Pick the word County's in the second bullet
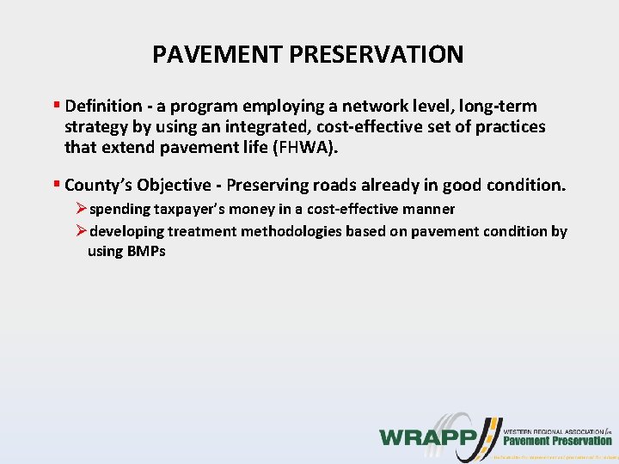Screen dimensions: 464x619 coord(95,185)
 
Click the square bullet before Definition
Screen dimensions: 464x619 coord(56,107)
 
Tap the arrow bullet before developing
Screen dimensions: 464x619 coord(82,231)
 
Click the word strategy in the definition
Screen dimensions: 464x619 coord(95,127)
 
